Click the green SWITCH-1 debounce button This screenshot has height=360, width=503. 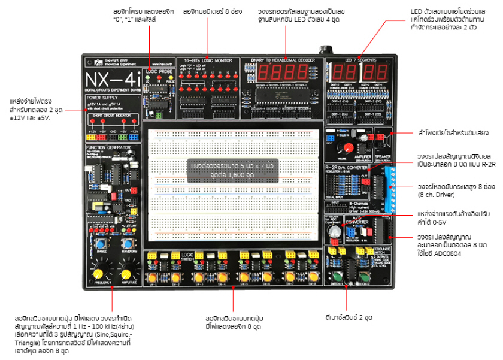[x=337, y=276]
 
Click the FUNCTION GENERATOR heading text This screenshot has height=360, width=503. [x=105, y=147]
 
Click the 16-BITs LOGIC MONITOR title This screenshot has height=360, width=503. [x=207, y=60]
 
